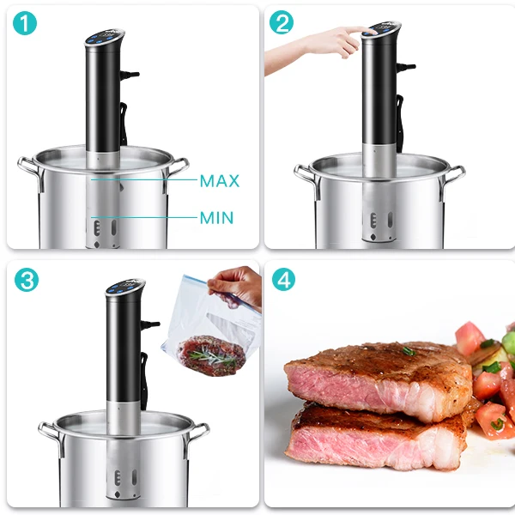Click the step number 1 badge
click(x=27, y=25)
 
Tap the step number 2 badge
click(x=282, y=25)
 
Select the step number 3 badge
click(x=27, y=280)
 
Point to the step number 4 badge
click(x=282, y=280)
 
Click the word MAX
click(x=219, y=181)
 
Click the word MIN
click(x=216, y=218)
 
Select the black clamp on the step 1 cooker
click(x=126, y=120)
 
